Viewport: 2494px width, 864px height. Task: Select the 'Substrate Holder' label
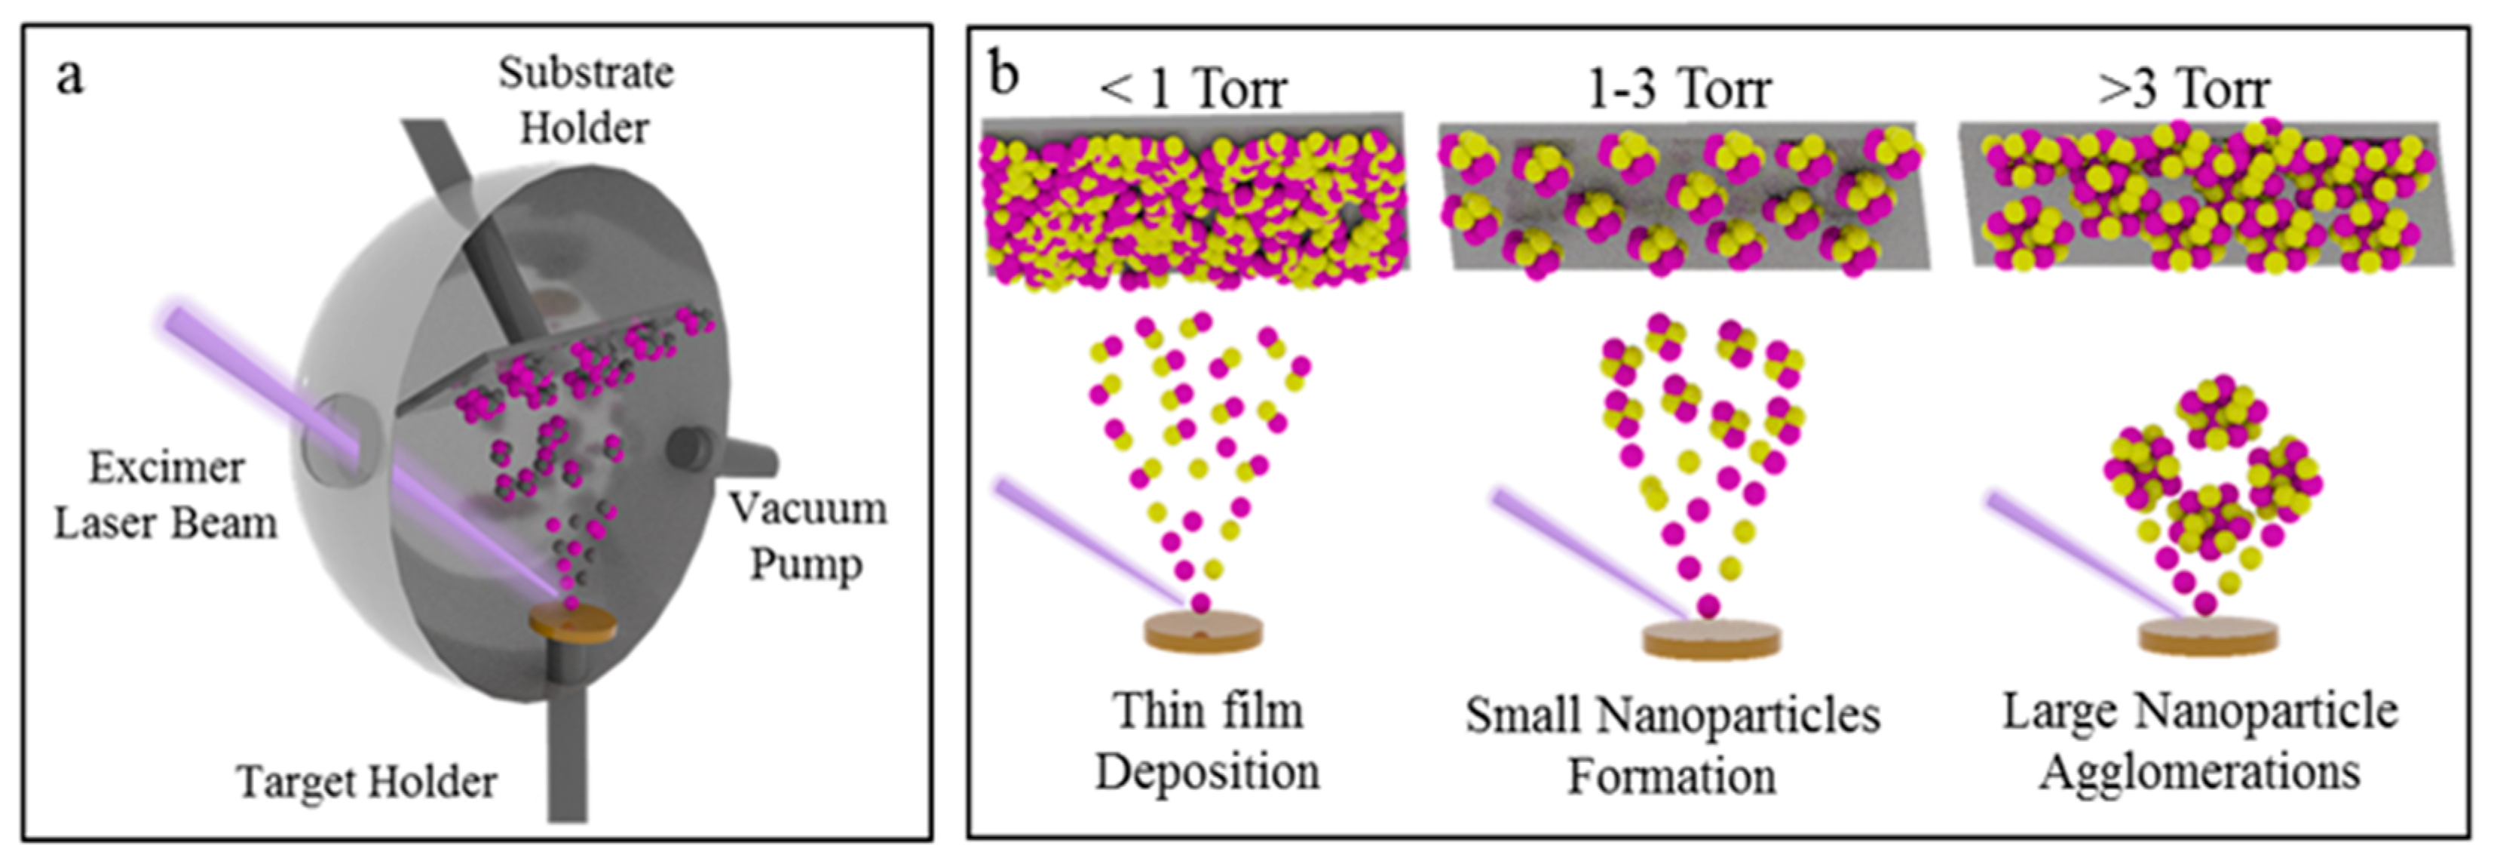(585, 100)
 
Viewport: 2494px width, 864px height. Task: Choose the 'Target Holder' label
(367, 781)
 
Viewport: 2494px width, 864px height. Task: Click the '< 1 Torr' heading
(1192, 90)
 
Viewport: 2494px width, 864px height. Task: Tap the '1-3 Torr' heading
(1680, 90)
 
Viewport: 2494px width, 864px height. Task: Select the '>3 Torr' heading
(2183, 90)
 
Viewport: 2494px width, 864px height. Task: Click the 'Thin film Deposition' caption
(1207, 742)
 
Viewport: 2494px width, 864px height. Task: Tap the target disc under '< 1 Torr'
(1203, 632)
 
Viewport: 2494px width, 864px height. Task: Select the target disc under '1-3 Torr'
(1711, 639)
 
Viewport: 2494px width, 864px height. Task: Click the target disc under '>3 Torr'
(2208, 635)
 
